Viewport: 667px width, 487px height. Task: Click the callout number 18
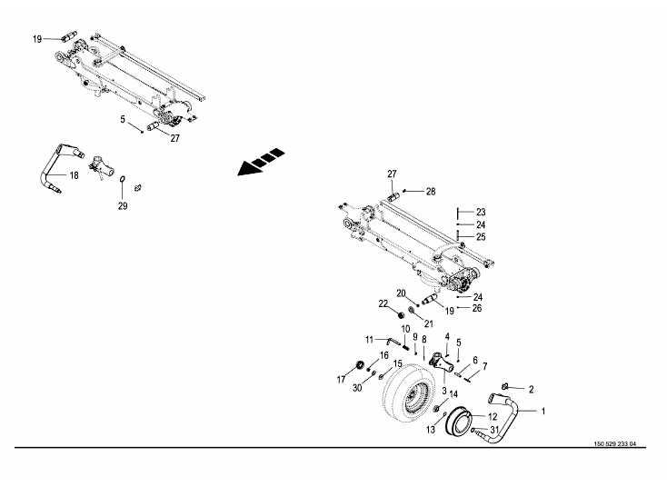point(74,174)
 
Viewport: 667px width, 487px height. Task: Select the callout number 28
point(431,192)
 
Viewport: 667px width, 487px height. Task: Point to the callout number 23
point(481,212)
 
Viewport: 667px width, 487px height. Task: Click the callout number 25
point(481,236)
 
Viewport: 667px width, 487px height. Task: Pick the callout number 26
point(478,307)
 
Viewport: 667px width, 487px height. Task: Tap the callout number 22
point(383,303)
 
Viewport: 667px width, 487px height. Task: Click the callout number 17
point(342,379)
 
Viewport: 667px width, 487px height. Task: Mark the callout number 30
point(357,388)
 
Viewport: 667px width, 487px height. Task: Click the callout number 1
point(543,411)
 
